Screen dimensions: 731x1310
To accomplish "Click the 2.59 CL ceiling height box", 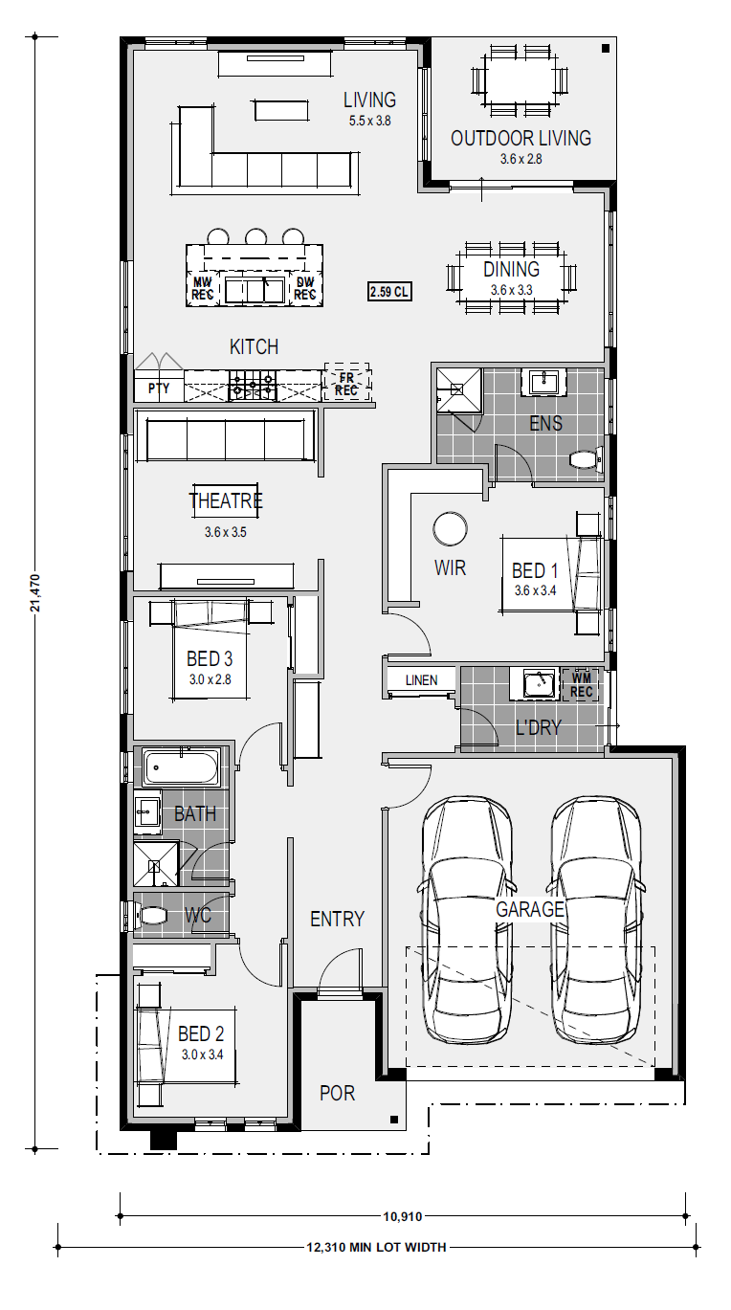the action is pyautogui.click(x=390, y=291).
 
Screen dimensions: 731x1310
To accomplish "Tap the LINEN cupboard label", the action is pyautogui.click(x=421, y=680).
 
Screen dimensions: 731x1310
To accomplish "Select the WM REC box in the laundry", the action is pyautogui.click(x=582, y=684).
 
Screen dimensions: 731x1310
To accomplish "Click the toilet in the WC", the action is pyautogui.click(x=148, y=915).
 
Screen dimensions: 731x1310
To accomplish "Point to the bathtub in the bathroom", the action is pyautogui.click(x=181, y=767).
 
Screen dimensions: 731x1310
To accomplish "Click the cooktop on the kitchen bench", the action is pyautogui.click(x=253, y=386).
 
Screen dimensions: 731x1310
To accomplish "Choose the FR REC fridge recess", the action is pyautogui.click(x=346, y=383).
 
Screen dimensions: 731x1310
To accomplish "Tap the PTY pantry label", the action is pyautogui.click(x=159, y=389).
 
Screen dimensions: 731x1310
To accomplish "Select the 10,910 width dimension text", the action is pyautogui.click(x=403, y=1217).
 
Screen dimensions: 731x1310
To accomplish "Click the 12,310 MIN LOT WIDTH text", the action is pyautogui.click(x=376, y=1248).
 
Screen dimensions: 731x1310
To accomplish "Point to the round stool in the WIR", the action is pyautogui.click(x=451, y=528).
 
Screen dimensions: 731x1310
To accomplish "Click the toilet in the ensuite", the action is pyautogui.click(x=586, y=459).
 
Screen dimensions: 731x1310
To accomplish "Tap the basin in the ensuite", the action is pyautogui.click(x=547, y=382).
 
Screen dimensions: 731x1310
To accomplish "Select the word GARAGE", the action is pyautogui.click(x=530, y=909).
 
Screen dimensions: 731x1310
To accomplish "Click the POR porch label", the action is pyautogui.click(x=337, y=1093).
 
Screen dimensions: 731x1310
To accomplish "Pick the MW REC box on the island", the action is pyautogui.click(x=202, y=288).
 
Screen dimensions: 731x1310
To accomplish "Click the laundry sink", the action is pyautogui.click(x=539, y=684).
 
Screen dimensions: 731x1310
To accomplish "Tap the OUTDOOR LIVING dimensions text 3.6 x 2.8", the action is pyautogui.click(x=521, y=159).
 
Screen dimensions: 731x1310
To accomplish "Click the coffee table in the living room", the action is pyautogui.click(x=280, y=111).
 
